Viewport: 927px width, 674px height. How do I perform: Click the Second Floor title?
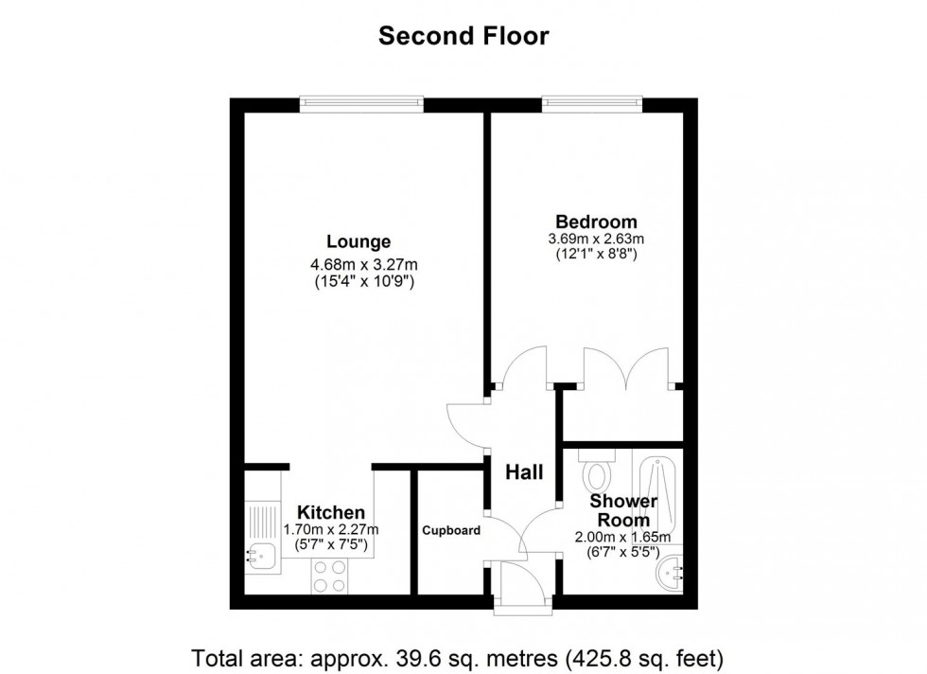(x=463, y=36)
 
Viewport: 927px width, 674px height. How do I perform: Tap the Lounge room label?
(x=359, y=242)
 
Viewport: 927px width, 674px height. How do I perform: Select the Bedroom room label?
(x=597, y=222)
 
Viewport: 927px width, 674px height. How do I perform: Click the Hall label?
(x=524, y=472)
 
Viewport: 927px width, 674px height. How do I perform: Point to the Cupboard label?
(x=451, y=531)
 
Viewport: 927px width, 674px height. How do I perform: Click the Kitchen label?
(x=331, y=512)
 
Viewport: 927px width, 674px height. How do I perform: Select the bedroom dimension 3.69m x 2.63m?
(x=596, y=239)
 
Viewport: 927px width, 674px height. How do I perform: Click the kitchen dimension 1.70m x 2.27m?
(x=331, y=529)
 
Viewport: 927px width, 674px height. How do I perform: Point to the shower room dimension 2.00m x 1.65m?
(x=623, y=538)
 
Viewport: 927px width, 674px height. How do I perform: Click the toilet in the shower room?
(x=597, y=468)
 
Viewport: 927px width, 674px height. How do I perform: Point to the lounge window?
(x=361, y=105)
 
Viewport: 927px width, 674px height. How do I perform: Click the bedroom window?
(x=592, y=105)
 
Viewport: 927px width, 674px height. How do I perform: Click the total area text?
(x=457, y=658)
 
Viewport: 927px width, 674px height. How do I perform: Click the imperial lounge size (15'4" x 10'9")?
(x=363, y=282)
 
